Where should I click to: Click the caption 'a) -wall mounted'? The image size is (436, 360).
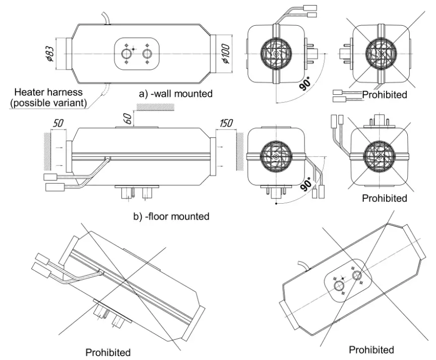click(x=175, y=93)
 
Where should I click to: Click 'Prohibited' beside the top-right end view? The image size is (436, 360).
click(x=384, y=94)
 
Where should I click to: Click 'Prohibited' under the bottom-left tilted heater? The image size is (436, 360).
click(x=108, y=352)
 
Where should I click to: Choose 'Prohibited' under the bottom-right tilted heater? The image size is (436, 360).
click(x=371, y=349)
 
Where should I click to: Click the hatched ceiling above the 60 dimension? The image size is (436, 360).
click(x=154, y=107)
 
